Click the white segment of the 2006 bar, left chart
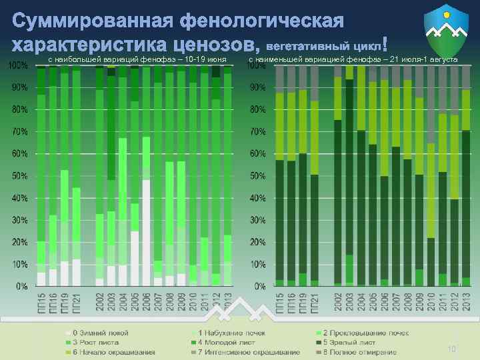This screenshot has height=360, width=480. coord(146,233)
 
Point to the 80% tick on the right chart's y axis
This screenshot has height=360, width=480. coord(258,109)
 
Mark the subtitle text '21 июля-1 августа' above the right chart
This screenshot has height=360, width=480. coord(424,60)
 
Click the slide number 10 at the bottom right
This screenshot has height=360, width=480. coord(451,349)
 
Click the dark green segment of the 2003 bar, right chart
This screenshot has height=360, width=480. coord(349,167)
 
